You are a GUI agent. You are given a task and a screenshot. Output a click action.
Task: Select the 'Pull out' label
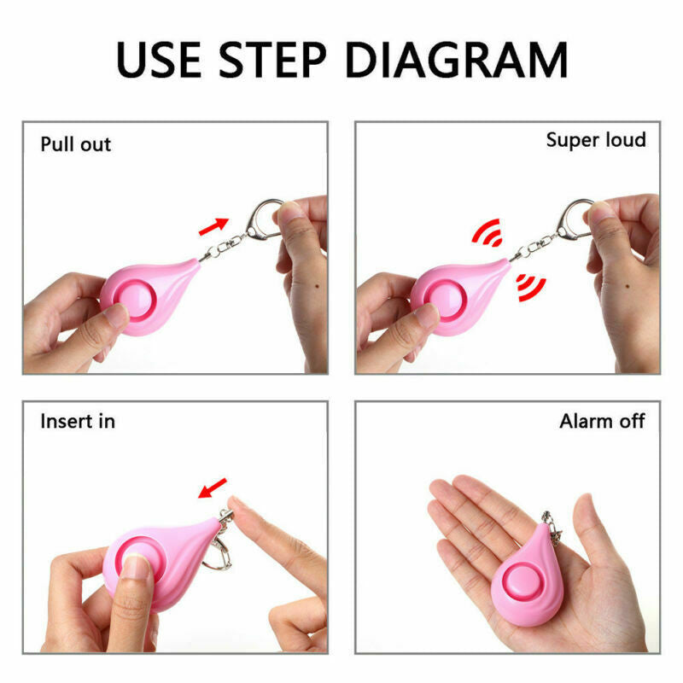click(x=76, y=144)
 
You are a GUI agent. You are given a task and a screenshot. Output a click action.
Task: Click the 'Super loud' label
click(x=596, y=139)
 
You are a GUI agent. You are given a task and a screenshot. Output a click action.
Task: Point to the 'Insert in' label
click(x=78, y=421)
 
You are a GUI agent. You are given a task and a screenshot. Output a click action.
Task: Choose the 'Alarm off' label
click(x=602, y=421)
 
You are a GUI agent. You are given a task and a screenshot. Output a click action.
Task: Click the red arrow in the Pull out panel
click(x=213, y=226)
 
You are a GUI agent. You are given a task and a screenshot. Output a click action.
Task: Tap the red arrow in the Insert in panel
click(x=213, y=488)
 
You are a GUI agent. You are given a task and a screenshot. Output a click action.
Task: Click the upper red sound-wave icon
click(x=487, y=232)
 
